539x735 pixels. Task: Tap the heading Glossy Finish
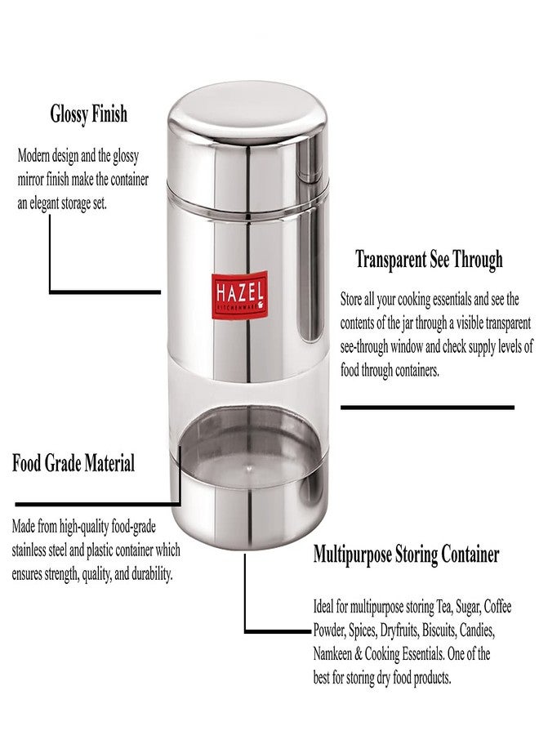[89, 114]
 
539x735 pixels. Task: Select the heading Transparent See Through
[429, 260]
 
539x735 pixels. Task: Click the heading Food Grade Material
[73, 464]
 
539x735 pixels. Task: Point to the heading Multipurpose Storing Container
[406, 555]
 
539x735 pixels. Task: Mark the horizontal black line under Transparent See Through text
[427, 407]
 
